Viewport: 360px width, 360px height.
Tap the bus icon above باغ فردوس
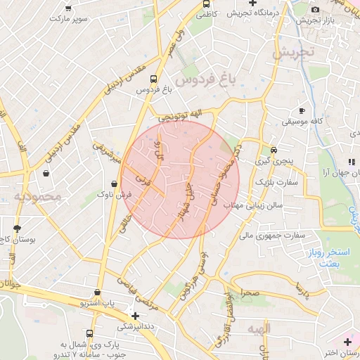point(154,79)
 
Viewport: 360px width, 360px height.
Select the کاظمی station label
point(205,13)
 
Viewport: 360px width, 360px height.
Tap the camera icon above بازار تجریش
point(314,9)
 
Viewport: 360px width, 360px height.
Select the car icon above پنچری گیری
point(274,150)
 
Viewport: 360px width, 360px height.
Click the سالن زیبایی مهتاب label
point(252,205)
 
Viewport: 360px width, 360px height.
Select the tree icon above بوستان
point(17,229)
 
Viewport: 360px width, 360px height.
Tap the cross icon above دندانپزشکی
point(135,316)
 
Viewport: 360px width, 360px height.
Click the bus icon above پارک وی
point(89,334)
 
